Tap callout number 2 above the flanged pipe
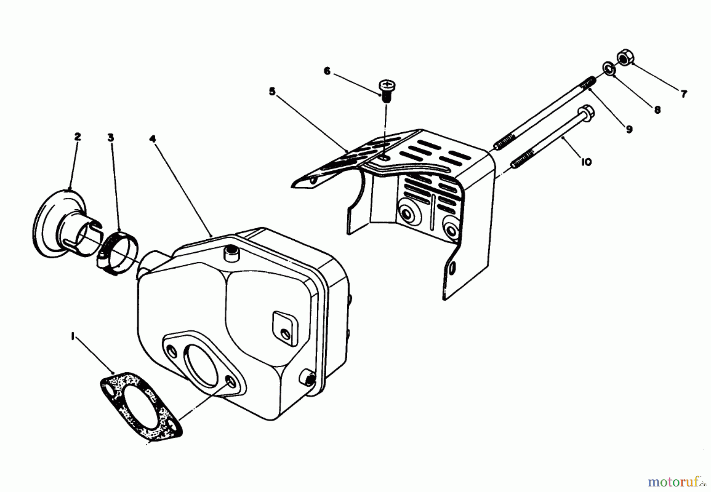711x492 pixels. tap(77, 137)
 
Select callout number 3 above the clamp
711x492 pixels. tap(111, 137)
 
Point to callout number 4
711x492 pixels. tap(153, 139)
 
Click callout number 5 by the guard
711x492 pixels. tap(272, 92)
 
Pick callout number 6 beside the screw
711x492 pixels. tap(327, 71)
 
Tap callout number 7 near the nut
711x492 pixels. tap(684, 94)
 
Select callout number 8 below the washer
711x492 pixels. tap(657, 110)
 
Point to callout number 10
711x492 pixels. tap(586, 161)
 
